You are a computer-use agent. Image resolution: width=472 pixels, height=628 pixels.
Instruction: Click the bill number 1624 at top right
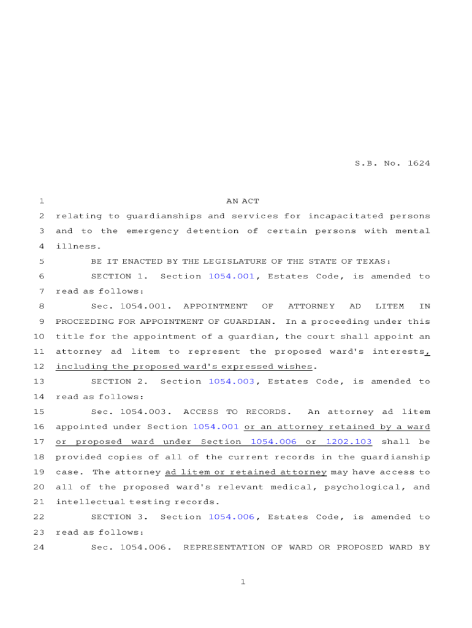point(418,163)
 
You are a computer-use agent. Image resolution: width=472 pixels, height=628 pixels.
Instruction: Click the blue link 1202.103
point(348,442)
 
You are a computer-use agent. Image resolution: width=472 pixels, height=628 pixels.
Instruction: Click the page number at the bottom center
point(243,582)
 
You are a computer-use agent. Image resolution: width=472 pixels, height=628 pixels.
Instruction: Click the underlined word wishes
point(297,367)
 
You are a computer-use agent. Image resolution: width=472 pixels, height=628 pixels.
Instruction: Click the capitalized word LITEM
point(389,306)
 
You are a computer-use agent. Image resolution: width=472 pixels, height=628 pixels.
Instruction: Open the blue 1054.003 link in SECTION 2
point(231,381)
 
